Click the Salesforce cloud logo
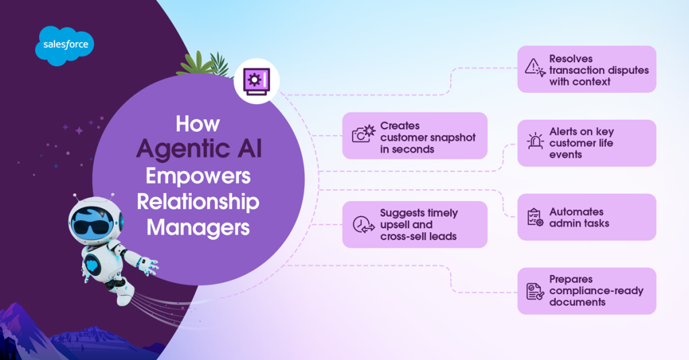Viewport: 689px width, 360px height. coord(65,45)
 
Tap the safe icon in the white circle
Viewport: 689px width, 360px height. coord(256,81)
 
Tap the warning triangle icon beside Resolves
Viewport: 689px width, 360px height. coord(535,67)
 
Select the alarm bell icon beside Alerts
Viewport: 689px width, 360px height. coord(535,142)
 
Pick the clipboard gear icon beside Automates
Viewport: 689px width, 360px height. coord(535,217)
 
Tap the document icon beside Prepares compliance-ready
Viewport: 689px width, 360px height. coord(535,291)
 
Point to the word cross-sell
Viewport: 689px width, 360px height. coord(406,236)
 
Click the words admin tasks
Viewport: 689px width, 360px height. coord(579,223)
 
